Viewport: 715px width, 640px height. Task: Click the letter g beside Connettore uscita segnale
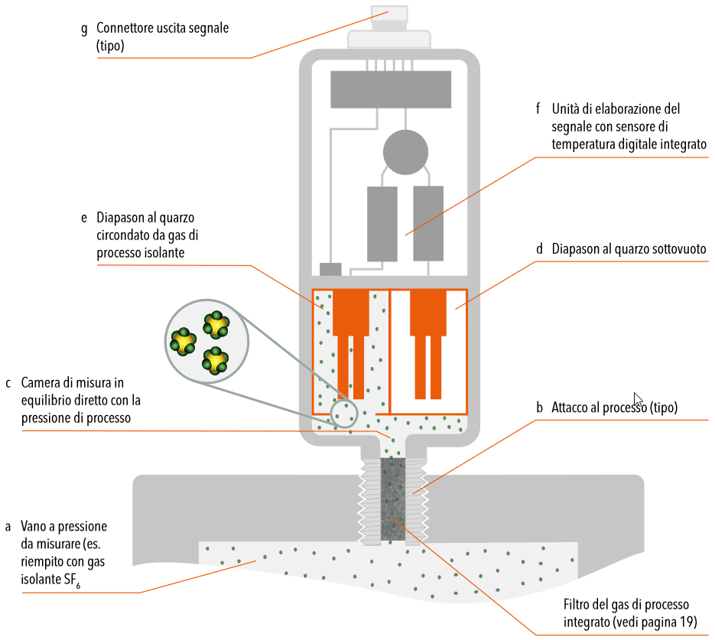pyautogui.click(x=84, y=30)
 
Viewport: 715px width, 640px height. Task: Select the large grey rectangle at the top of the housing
pyautogui.click(x=391, y=89)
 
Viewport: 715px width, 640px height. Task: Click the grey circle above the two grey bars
pyautogui.click(x=405, y=152)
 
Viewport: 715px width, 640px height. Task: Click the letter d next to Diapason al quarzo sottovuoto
pyautogui.click(x=539, y=249)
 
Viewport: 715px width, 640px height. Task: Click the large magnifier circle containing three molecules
pyautogui.click(x=206, y=341)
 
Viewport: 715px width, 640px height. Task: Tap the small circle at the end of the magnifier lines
pyautogui.click(x=344, y=414)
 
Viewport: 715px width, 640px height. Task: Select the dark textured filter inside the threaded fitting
pyautogui.click(x=392, y=499)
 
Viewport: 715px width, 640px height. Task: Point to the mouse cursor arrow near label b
pyautogui.click(x=638, y=399)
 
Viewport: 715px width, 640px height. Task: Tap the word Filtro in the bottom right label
pyautogui.click(x=577, y=604)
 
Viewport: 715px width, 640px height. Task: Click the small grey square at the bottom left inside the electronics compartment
pyautogui.click(x=330, y=269)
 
